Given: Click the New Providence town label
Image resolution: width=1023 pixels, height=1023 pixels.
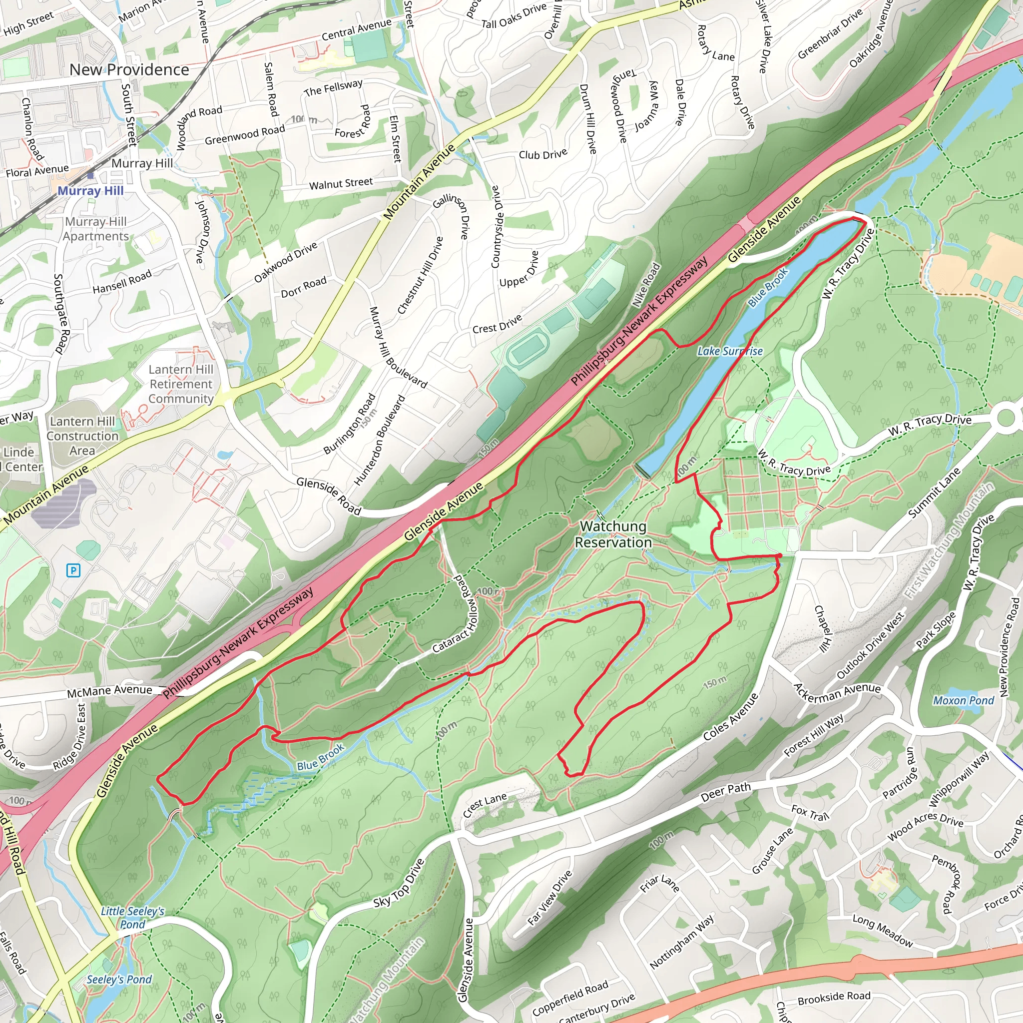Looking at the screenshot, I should pos(129,70).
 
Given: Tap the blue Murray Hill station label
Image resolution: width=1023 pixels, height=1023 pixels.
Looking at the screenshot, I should pos(90,191).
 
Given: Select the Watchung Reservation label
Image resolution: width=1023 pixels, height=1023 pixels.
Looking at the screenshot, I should pos(613,534).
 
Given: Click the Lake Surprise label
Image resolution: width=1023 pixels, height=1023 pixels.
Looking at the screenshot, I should pos(730,351).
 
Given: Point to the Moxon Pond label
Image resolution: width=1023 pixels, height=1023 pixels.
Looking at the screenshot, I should pos(963,700).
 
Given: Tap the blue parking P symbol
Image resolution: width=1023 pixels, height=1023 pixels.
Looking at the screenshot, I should pos(73,570).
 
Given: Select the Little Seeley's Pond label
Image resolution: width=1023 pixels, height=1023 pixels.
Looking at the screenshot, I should pos(132,918).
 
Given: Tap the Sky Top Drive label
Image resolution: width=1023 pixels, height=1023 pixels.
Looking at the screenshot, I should pos(398,884).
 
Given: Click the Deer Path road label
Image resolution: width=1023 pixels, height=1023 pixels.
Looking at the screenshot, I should pos(725,792).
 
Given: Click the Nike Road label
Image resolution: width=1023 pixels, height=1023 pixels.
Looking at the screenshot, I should pos(647,285).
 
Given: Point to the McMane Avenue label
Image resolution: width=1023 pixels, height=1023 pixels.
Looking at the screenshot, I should pos(109,690).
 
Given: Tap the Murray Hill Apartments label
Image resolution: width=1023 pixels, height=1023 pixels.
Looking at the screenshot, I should pos(96,229).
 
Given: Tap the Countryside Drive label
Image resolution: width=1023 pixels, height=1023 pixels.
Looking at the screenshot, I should pos(496,227).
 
